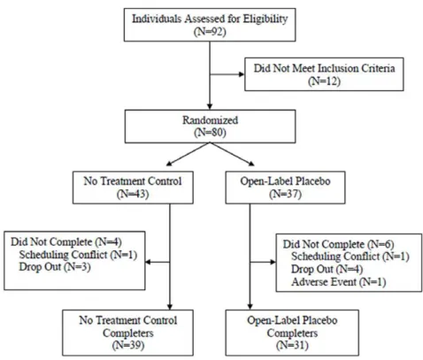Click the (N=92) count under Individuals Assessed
pos(210,31)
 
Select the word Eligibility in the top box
pos(265,19)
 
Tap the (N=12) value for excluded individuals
pos(324,80)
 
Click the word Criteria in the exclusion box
pos(378,68)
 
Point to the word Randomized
pos(210,120)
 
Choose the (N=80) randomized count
pos(210,133)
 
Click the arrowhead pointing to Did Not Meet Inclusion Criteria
pos(242,74)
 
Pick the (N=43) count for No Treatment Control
pos(133,194)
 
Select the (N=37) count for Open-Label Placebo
pos(285,194)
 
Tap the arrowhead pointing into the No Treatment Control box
pos(169,163)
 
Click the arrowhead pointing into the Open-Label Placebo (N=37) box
pos(251,163)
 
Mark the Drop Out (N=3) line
pos(55,267)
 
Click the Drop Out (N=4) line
pos(327,269)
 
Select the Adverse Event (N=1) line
pos(339,282)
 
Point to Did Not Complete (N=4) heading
pos(66,241)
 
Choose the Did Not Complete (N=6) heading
pos(339,244)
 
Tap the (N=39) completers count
pos(128,345)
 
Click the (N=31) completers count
pos(292,345)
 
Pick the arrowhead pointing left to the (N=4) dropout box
pos(149,262)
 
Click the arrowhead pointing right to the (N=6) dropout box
pos(273,262)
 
